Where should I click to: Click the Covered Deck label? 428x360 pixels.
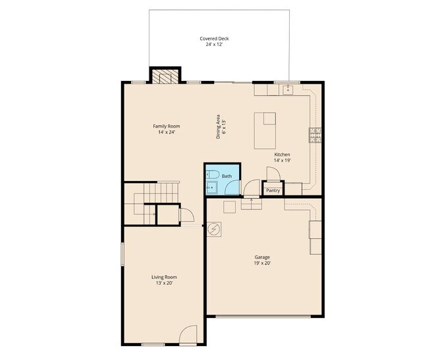coord(214,39)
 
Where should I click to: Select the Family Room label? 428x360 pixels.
coord(166,126)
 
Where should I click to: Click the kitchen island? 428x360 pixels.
coord(265,131)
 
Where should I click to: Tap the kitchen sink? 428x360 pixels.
coord(288,90)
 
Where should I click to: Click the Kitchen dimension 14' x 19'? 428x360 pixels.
coord(282,160)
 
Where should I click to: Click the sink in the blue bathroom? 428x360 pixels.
coord(211,188)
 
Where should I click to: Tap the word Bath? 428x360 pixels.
coord(227,176)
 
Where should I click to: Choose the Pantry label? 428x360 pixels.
coord(273,191)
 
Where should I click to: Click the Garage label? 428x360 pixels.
coord(263,257)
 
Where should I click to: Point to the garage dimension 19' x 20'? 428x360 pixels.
coord(263,263)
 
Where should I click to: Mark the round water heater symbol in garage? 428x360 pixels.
coord(214,230)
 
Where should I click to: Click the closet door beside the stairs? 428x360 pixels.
coord(186,216)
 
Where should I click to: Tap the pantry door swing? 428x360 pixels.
coord(273,173)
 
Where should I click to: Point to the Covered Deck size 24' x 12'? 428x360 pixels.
coord(214,45)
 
